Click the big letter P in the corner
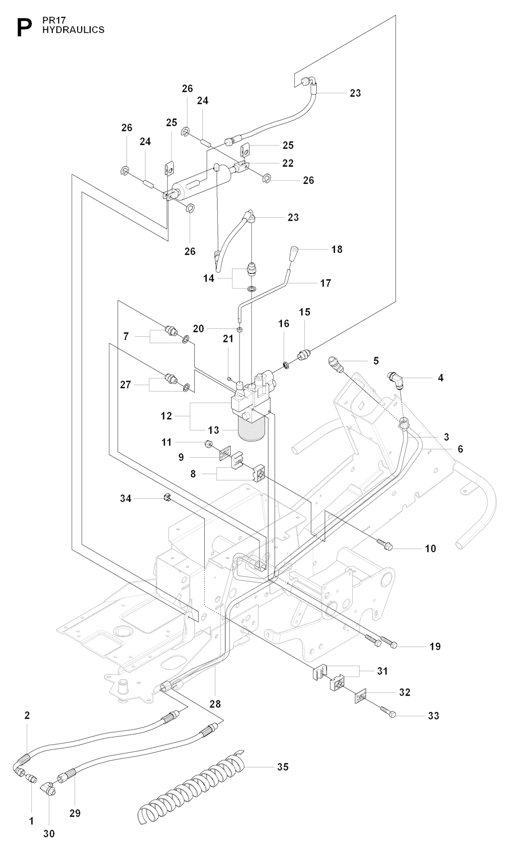point(21,27)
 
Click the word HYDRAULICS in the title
point(73,30)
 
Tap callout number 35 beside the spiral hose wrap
point(283,767)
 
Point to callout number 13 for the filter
point(213,430)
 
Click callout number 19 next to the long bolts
point(435,646)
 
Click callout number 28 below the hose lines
point(215,704)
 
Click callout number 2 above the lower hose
point(27,715)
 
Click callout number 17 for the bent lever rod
point(325,283)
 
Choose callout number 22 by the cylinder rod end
point(288,163)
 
